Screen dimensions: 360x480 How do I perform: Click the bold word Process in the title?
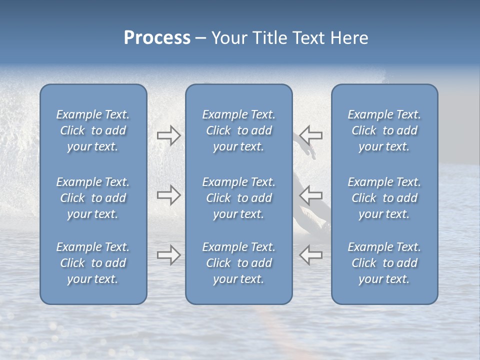pos(157,38)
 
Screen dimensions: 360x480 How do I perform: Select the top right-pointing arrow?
pos(168,135)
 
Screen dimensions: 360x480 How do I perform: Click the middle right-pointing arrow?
pos(168,195)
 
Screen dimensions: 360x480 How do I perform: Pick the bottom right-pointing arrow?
pos(168,255)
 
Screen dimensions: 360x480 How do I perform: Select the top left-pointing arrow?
pos(311,135)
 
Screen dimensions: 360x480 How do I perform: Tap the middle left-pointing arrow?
pos(311,195)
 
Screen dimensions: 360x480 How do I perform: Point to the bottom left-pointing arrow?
pos(311,255)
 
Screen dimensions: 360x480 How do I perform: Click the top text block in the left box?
pos(93,130)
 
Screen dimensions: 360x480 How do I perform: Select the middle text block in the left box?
pos(93,198)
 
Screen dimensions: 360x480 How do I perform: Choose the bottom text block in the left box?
pos(93,263)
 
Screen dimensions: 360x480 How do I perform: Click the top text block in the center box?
pos(239,130)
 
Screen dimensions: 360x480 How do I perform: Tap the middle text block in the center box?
pos(239,198)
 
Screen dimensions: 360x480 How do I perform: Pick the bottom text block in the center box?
pos(239,263)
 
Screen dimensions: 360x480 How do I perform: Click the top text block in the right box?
pos(384,130)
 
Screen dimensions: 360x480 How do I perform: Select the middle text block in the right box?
pos(384,198)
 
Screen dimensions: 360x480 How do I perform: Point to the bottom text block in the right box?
pos(384,263)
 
